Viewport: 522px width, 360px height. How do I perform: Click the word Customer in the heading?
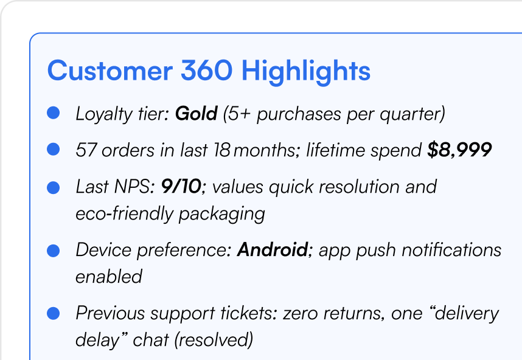pyautogui.click(x=110, y=70)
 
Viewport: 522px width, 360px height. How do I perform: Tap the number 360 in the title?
pyautogui.click(x=206, y=70)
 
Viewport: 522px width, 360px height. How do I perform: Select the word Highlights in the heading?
pyautogui.click(x=305, y=72)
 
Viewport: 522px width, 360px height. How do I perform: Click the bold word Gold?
pyautogui.click(x=197, y=114)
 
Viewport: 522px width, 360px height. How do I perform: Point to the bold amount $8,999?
pyautogui.click(x=460, y=150)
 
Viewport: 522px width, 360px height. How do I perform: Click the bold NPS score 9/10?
pyautogui.click(x=181, y=186)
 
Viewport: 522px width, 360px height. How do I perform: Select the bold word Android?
pyautogui.click(x=273, y=249)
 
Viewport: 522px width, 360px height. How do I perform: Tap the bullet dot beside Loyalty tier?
pyautogui.click(x=54, y=112)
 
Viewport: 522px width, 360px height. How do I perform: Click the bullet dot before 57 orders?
pyautogui.click(x=54, y=149)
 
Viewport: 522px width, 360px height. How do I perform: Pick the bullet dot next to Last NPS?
pyautogui.click(x=54, y=188)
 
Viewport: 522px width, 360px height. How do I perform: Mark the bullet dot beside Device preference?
pyautogui.click(x=54, y=251)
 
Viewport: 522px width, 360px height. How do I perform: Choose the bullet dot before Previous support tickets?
pyautogui.click(x=54, y=313)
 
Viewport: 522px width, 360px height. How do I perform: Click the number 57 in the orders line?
pyautogui.click(x=86, y=150)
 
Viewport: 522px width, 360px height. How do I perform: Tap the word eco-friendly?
pyautogui.click(x=124, y=214)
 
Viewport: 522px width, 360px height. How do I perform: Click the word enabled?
pyautogui.click(x=109, y=277)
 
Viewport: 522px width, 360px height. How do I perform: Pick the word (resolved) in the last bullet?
pyautogui.click(x=214, y=340)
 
